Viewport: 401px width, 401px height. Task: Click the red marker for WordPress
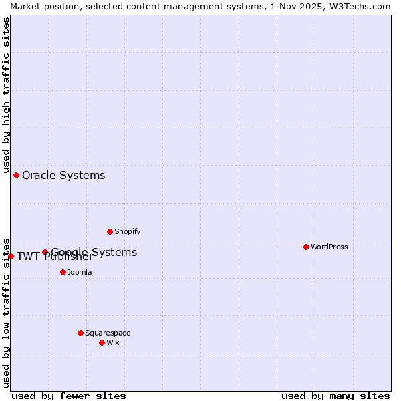(x=306, y=247)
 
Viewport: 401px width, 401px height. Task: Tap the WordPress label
(x=329, y=247)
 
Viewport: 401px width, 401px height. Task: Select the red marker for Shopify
(x=110, y=231)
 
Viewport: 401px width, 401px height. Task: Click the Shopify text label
(x=127, y=231)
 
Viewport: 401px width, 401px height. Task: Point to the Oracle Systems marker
(x=16, y=175)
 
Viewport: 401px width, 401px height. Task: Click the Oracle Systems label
(x=63, y=176)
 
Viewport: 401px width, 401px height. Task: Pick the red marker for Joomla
(x=63, y=272)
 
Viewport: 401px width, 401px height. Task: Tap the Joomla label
(x=80, y=272)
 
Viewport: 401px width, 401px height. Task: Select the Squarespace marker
(x=80, y=333)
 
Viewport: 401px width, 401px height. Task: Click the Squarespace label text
(x=108, y=333)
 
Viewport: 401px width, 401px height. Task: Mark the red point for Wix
(x=102, y=342)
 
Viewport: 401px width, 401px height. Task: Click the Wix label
(x=113, y=342)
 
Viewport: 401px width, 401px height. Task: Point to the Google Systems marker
(x=45, y=252)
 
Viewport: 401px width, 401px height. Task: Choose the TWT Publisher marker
(x=11, y=256)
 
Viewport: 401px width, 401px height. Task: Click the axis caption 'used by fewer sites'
(x=69, y=396)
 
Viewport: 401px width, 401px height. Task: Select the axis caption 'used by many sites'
(x=336, y=396)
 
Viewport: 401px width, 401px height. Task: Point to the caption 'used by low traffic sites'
(x=6, y=312)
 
